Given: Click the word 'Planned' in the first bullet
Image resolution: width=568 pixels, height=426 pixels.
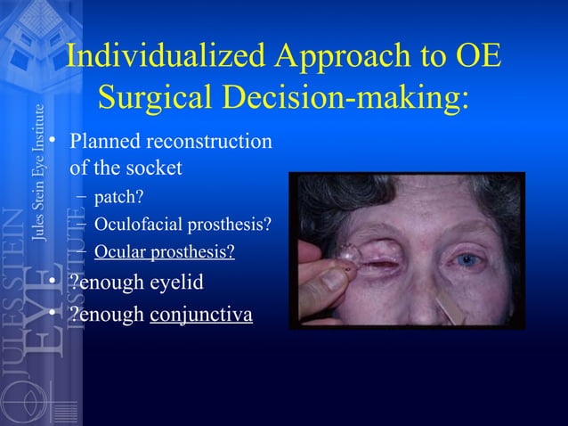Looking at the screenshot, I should click(101, 142).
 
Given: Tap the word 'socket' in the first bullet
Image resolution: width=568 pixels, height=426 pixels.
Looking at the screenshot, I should click(150, 167).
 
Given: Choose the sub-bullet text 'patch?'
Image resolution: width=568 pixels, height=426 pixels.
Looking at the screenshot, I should click(113, 196).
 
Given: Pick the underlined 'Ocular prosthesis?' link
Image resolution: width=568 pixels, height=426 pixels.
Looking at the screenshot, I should click(165, 252).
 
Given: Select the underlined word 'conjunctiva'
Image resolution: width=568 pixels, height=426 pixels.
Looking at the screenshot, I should click(201, 315).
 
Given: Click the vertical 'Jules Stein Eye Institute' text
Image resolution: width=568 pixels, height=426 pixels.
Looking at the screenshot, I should click(38, 174).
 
